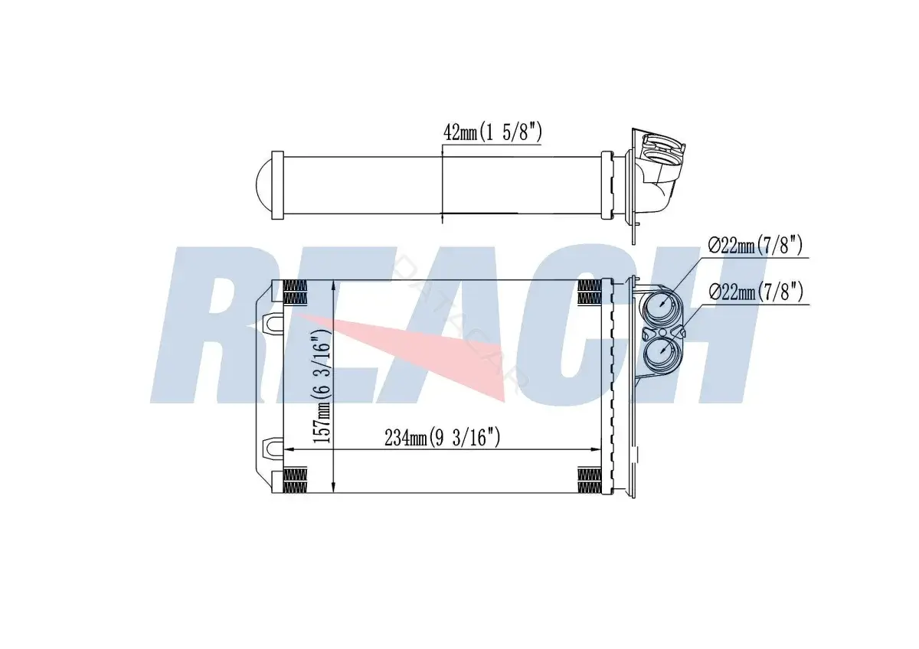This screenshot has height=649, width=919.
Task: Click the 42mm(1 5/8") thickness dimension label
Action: pos(492,132)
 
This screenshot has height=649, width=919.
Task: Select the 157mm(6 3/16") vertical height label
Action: pos(321,390)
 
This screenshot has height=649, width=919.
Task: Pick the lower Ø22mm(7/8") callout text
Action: pos(756,292)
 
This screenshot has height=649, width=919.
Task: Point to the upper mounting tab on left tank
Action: pos(272,322)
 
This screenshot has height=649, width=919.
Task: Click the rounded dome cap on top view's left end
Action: pos(263,185)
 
